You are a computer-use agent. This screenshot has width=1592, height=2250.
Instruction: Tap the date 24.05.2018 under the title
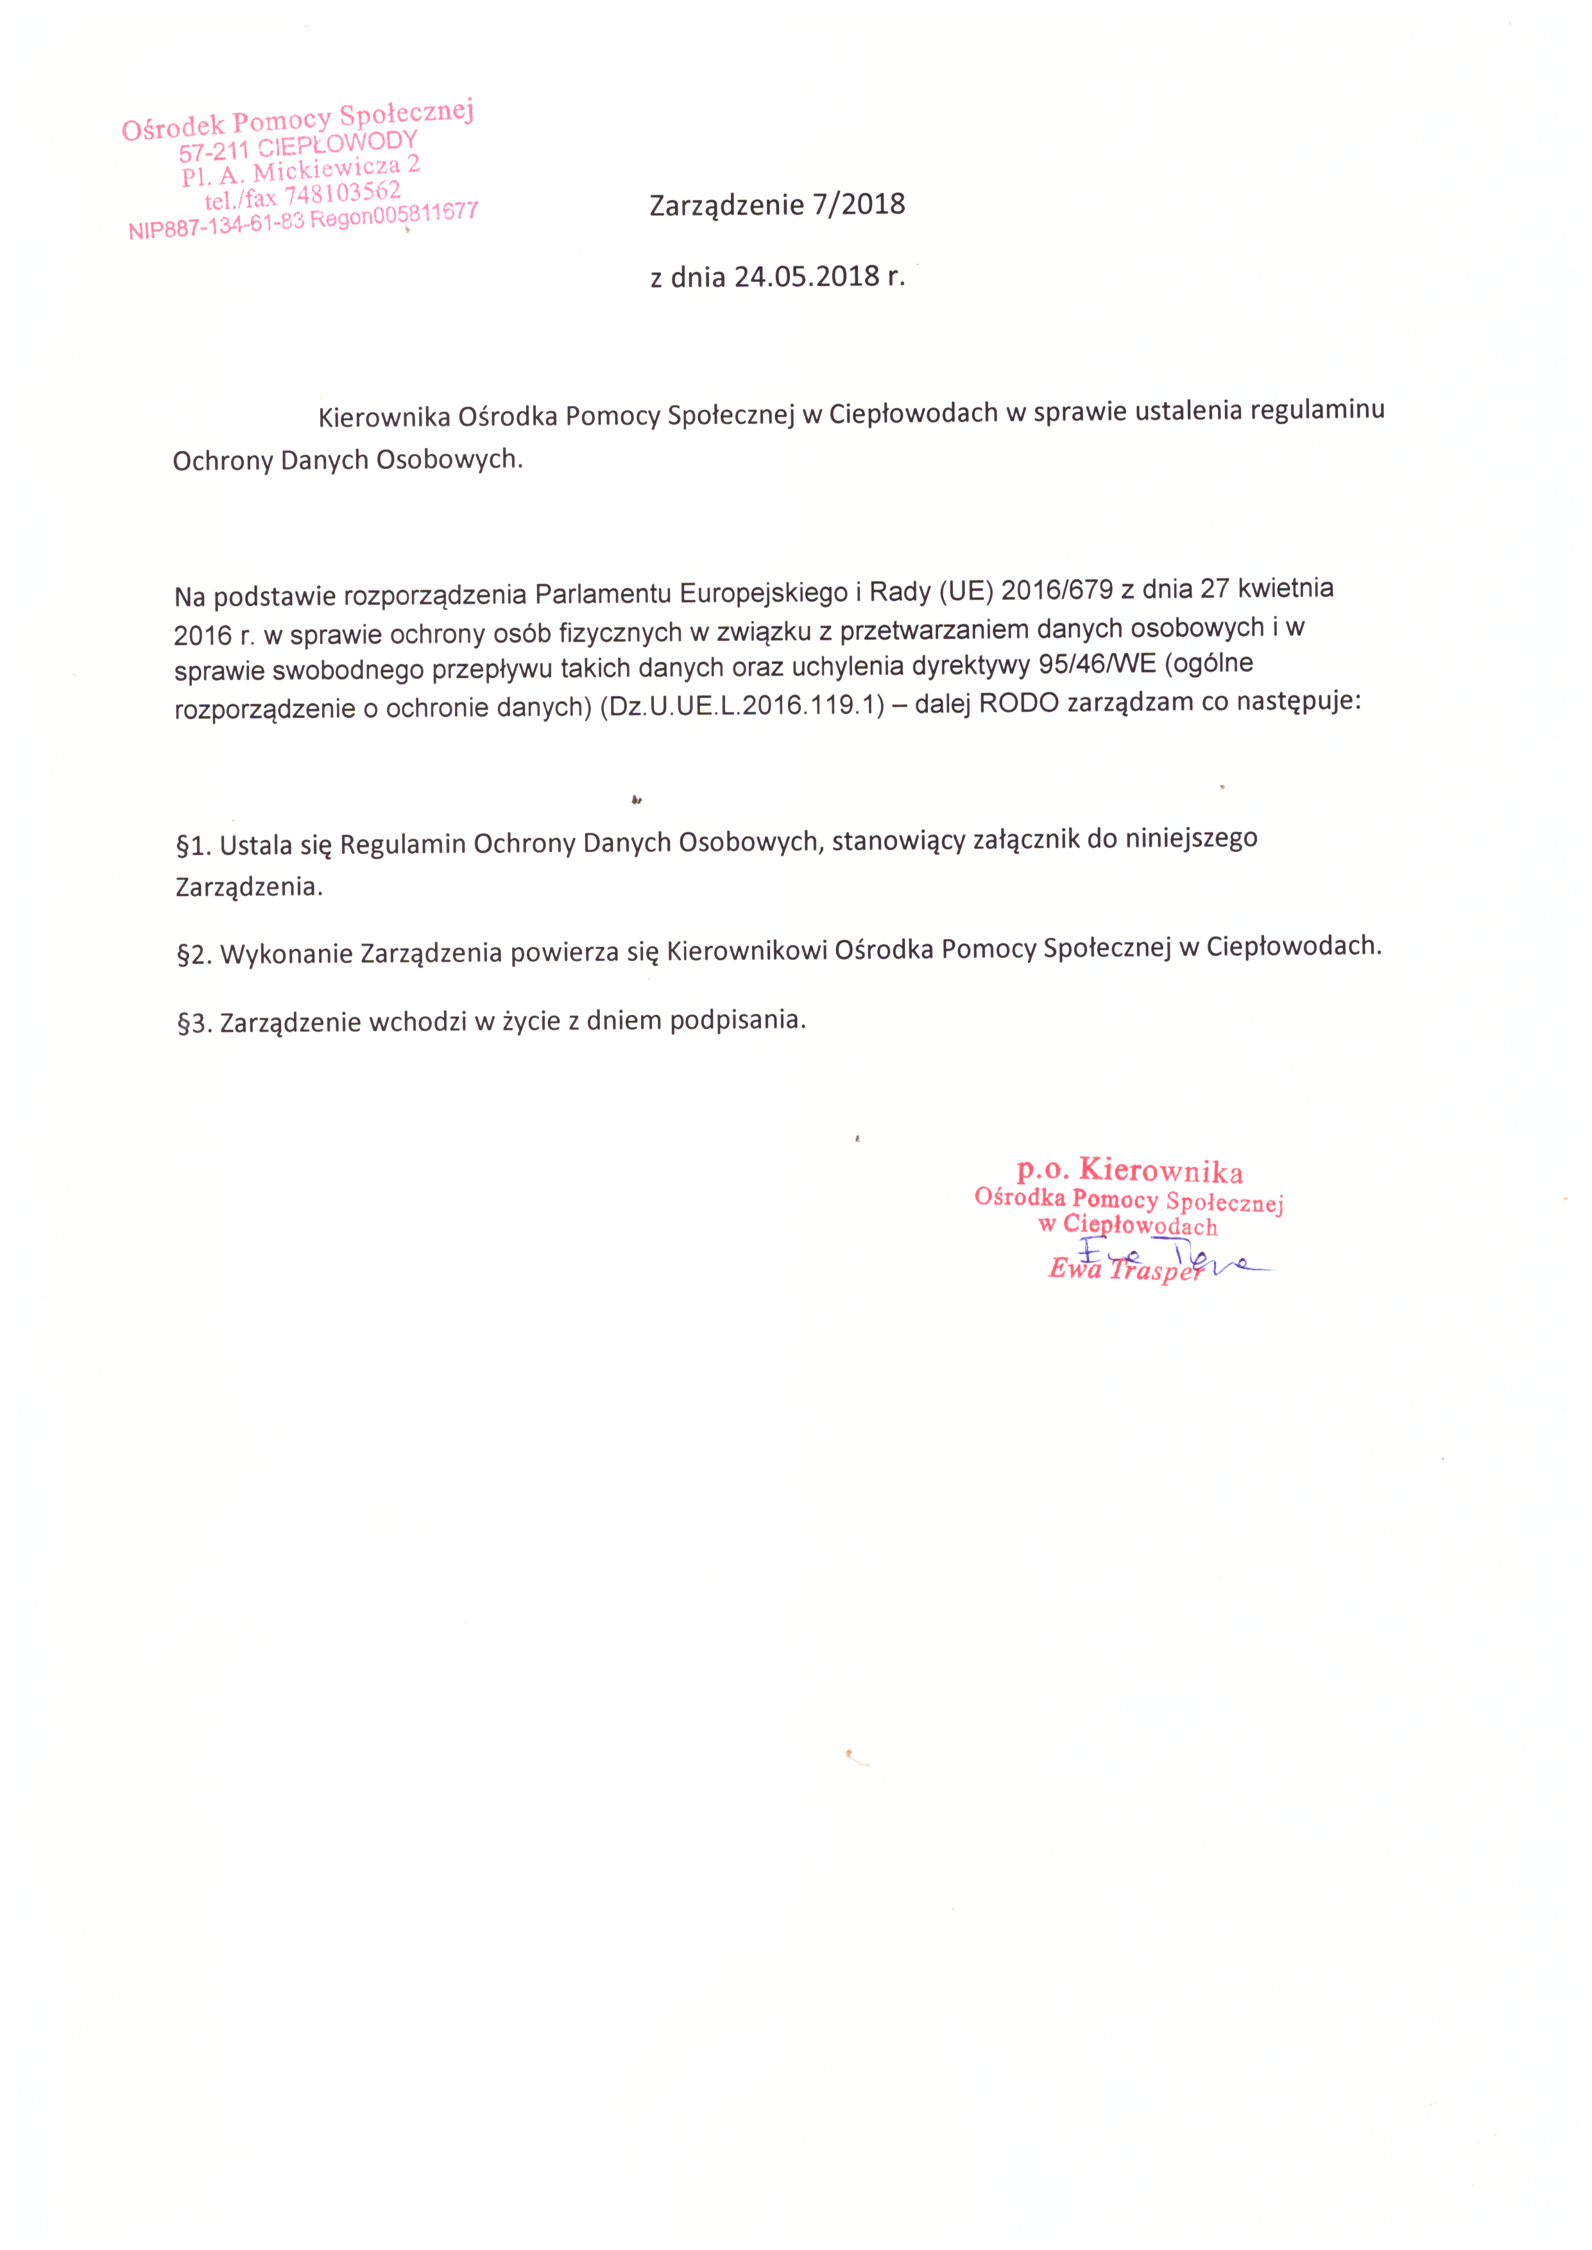[807, 277]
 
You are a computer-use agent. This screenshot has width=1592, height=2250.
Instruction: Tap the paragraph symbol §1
[194, 845]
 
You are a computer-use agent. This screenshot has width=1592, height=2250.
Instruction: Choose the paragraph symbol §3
[194, 1024]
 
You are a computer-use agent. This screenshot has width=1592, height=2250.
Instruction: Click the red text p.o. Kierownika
[1129, 1170]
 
